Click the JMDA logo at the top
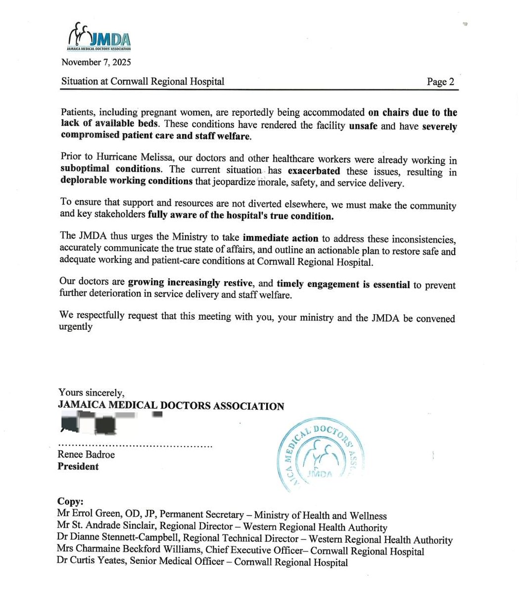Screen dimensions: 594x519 click(99, 38)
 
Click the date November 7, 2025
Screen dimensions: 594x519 click(96, 62)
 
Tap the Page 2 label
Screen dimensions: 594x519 click(440, 82)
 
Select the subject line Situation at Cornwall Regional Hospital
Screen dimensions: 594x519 click(142, 81)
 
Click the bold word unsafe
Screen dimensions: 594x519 click(363, 126)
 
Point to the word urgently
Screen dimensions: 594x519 click(76, 327)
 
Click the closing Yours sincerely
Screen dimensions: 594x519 click(91, 393)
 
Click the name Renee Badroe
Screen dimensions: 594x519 click(86, 454)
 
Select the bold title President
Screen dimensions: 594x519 click(78, 466)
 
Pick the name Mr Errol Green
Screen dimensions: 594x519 click(86, 516)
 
